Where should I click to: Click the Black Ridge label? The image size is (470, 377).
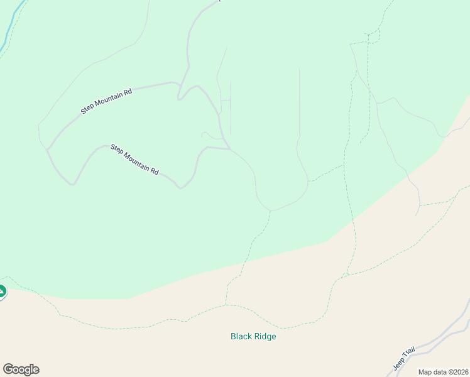coord(253,336)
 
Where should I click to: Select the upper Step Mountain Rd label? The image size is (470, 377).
coord(107,101)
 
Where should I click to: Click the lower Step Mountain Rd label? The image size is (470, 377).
coord(134,160)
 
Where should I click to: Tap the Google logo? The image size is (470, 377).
coord(21,369)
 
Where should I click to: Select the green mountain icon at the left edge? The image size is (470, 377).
coord(2,291)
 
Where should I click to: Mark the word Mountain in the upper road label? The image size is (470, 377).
coord(107,101)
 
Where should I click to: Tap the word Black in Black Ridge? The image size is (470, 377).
coord(241,336)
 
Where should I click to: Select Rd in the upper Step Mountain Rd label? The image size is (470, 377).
coord(128,92)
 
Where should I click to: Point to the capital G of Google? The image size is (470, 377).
coord(8,369)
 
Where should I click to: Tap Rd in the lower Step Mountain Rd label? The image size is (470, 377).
coord(154,171)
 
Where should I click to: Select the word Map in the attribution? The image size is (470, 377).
coord(425,372)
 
